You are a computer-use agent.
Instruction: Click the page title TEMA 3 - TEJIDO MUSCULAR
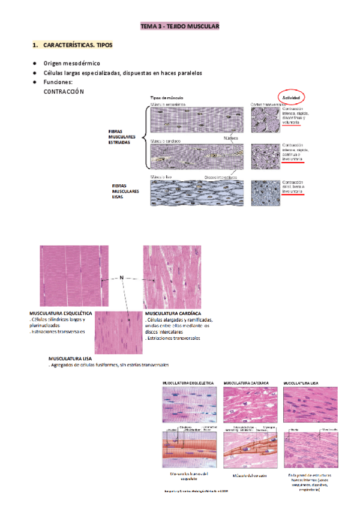[180, 27]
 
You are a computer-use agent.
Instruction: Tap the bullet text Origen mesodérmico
[71, 63]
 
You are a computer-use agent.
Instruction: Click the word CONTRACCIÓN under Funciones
[64, 91]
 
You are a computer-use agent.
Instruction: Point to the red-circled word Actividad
[292, 97]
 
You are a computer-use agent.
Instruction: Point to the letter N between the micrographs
[122, 277]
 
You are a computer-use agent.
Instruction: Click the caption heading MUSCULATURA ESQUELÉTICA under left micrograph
[61, 313]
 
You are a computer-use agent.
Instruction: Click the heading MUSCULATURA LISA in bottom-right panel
[305, 382]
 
